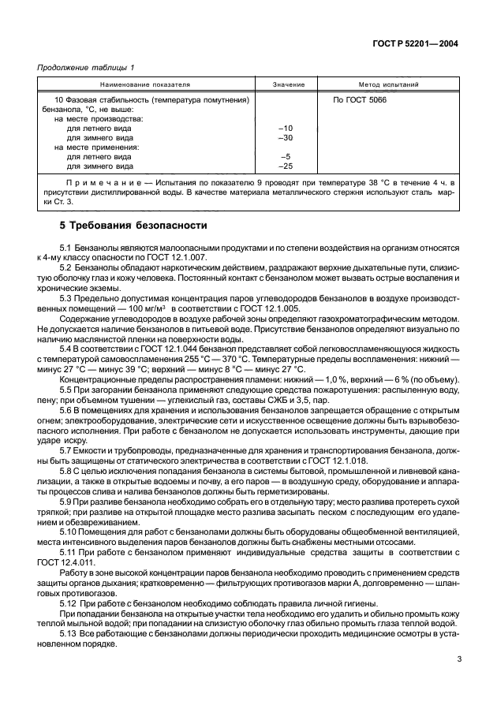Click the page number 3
coord(458,660)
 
